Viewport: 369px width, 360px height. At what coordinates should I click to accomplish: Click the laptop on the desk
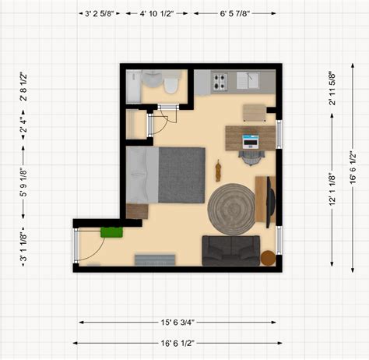pos(250,142)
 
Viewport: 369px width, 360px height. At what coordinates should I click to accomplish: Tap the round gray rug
pos(231,209)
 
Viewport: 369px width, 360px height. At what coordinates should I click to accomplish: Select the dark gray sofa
pos(230,250)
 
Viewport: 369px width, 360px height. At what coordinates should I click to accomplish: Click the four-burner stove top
pos(220,82)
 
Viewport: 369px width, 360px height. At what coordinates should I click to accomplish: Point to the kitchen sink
pos(248,80)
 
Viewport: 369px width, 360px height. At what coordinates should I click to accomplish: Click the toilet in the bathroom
pos(171,83)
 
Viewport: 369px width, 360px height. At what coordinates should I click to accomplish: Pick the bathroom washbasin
pos(152,79)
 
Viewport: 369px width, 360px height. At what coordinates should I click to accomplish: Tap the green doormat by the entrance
pos(111,232)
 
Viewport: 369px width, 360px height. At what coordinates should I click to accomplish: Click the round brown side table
pos(268,258)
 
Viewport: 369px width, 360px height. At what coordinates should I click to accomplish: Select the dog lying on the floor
pos(218,171)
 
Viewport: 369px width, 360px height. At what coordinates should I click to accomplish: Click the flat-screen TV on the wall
pos(270,202)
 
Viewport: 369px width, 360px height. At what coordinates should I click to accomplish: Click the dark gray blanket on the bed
pos(181,175)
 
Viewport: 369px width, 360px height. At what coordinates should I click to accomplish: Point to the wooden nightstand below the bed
pos(137,211)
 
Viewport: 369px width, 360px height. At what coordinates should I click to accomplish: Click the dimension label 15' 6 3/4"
pos(177,323)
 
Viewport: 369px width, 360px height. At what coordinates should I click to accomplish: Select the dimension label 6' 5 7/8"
pos(235,13)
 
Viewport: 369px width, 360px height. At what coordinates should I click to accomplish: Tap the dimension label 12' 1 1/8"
pos(332,189)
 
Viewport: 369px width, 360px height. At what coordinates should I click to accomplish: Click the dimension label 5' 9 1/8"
pos(23,182)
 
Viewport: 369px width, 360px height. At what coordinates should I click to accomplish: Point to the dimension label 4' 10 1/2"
pos(156,13)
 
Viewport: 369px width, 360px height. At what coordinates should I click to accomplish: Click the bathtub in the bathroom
pos(133,86)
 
